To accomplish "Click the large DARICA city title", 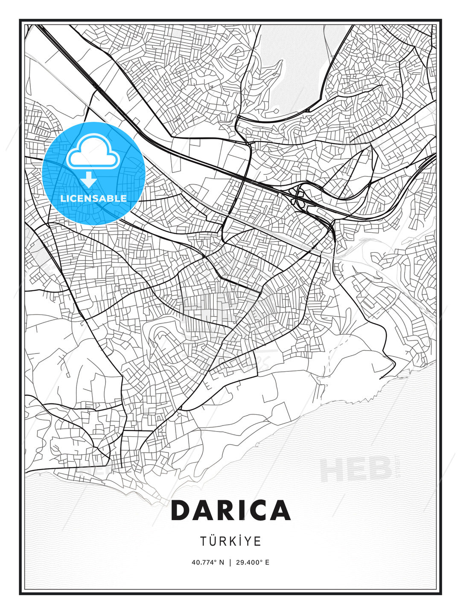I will pyautogui.click(x=230, y=510).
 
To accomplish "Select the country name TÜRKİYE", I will pyautogui.click(x=230, y=541).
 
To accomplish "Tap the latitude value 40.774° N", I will pyautogui.click(x=207, y=562).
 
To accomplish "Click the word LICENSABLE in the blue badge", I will pyautogui.click(x=93, y=198).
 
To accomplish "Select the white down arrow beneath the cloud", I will pyautogui.click(x=89, y=180).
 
